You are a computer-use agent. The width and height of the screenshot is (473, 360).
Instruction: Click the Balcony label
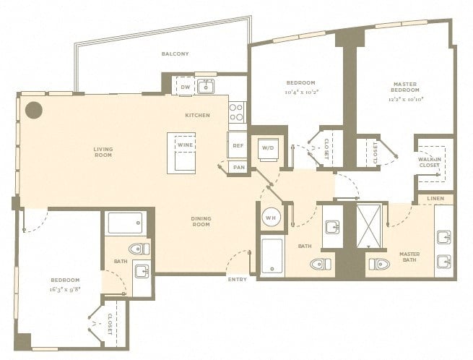[175, 53]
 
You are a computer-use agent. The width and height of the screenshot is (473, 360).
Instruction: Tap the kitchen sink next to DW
[206, 86]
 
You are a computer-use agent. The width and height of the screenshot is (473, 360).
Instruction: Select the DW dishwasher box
[185, 86]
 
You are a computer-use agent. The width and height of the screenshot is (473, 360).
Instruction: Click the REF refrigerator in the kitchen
[238, 145]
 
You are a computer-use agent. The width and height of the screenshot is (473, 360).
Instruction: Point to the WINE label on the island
[185, 145]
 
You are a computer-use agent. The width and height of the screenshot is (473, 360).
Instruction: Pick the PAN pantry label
[239, 167]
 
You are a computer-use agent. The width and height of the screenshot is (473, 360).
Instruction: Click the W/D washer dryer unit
[268, 149]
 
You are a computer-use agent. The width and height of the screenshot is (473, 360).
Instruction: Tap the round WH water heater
[271, 218]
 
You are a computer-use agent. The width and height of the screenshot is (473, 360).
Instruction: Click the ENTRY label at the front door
[238, 279]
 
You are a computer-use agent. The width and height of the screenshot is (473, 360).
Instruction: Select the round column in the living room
[33, 110]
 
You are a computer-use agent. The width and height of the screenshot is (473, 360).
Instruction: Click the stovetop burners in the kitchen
[237, 112]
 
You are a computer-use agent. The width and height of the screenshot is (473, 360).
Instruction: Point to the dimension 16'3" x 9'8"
[65, 289]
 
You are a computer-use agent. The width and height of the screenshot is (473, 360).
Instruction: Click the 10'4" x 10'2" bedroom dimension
[302, 92]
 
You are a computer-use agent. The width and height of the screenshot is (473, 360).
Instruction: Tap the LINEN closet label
[435, 198]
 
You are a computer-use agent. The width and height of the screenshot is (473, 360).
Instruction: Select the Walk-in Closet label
[429, 162]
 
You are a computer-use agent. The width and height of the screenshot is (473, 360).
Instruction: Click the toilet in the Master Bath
[379, 264]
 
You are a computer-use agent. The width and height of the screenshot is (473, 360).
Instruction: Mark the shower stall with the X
[369, 226]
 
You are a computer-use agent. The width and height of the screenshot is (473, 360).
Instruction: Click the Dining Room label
[201, 221]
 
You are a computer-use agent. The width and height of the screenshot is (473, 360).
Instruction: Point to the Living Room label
[103, 152]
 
